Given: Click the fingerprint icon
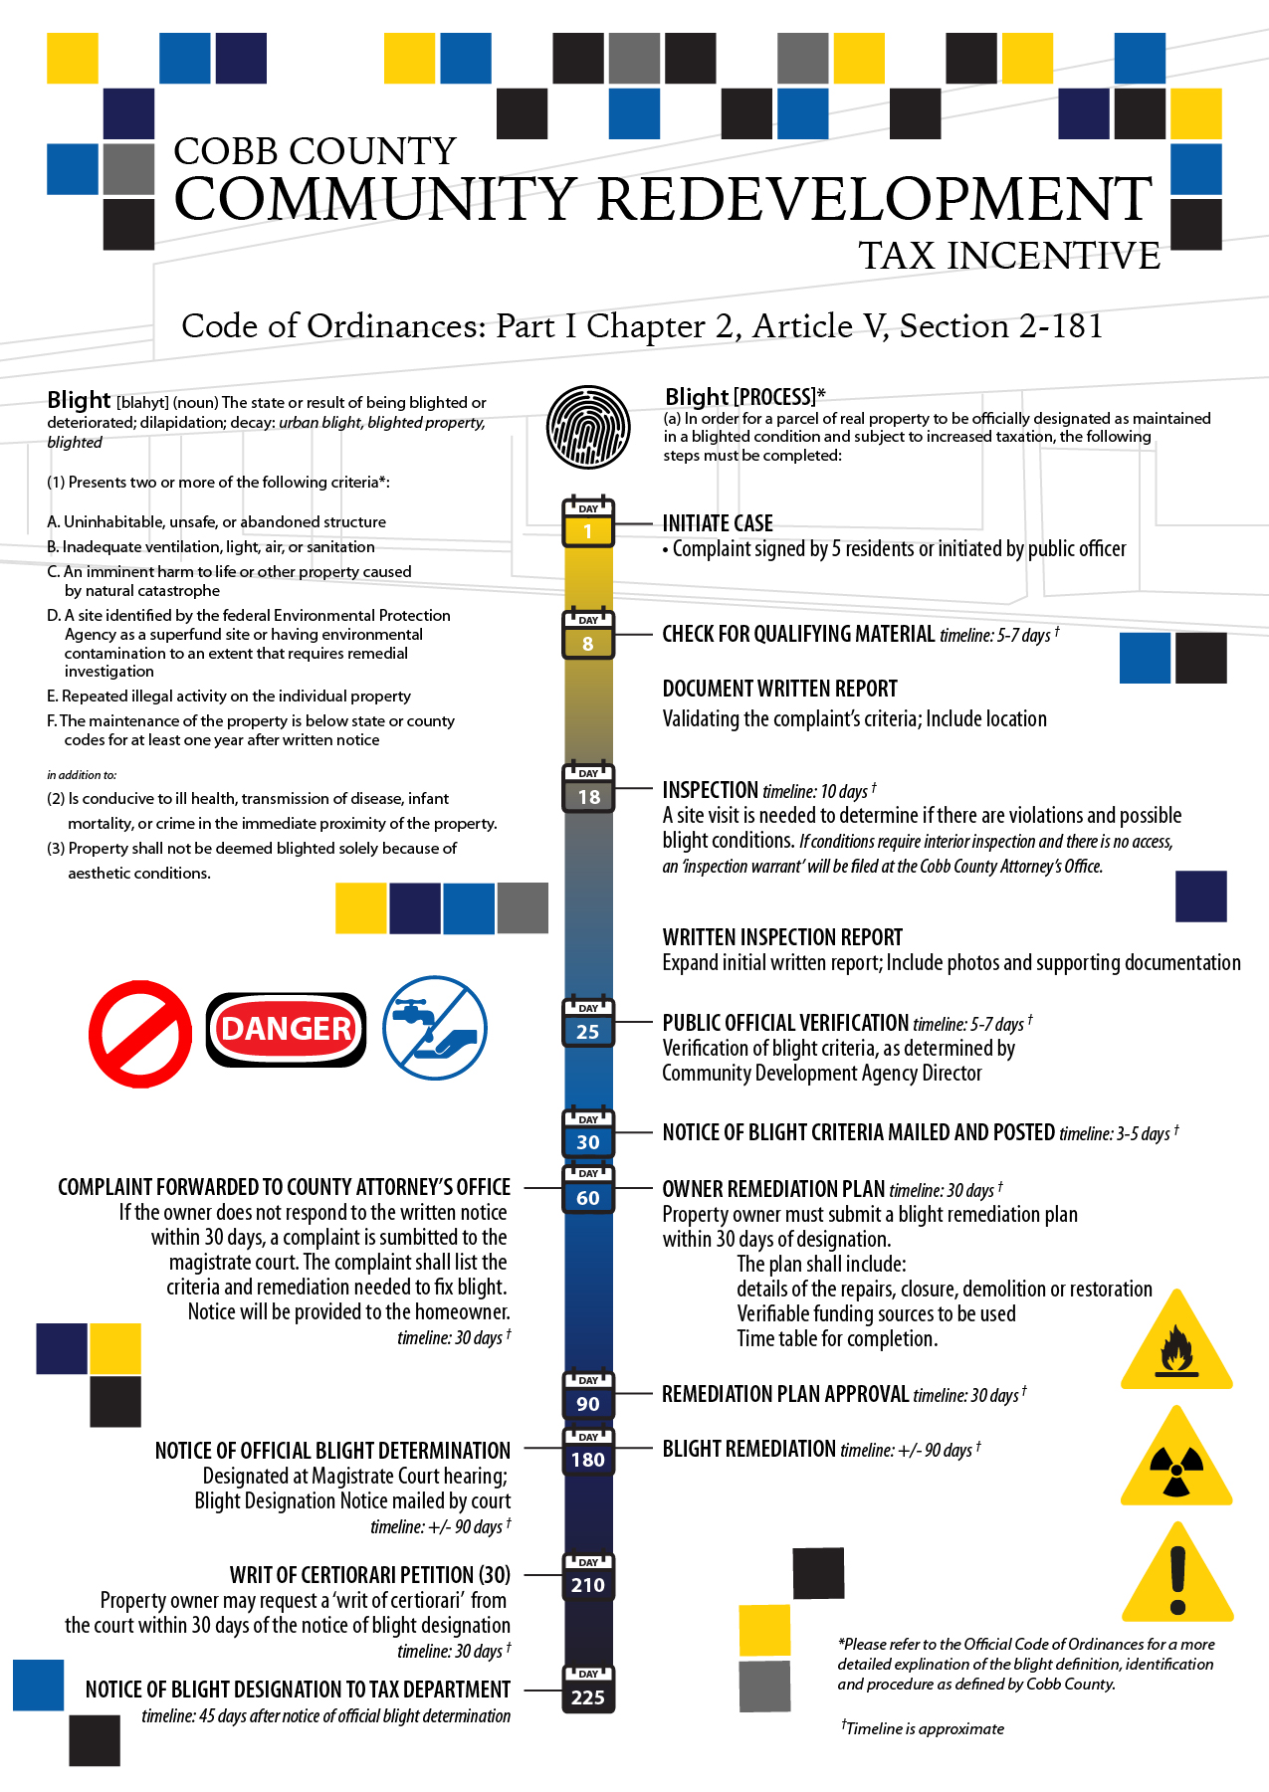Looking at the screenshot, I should [x=588, y=427].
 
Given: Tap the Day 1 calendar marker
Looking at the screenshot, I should [x=588, y=522].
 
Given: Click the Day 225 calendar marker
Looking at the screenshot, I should [x=588, y=1690].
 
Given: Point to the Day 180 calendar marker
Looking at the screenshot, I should [x=588, y=1452].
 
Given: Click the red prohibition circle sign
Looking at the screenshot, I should [x=140, y=1034].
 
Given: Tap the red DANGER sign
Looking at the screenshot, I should [x=286, y=1029].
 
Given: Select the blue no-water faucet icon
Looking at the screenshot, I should [x=435, y=1028].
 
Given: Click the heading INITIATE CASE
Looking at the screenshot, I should [x=718, y=523].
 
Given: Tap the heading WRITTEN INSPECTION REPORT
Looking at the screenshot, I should [x=782, y=937].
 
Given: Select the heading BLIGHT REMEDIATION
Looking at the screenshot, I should [x=749, y=1449].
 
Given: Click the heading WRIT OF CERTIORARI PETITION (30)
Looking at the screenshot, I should [x=369, y=1575].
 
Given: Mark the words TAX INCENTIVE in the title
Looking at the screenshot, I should [x=1009, y=256].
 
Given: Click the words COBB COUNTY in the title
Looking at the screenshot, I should [x=315, y=151].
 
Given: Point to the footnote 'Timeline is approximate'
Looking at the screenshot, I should [x=924, y=1728].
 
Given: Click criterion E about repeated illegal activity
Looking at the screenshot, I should [x=230, y=697].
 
